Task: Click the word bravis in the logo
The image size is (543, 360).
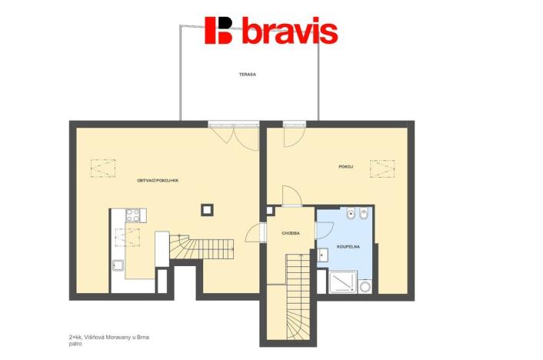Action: pos(290,32)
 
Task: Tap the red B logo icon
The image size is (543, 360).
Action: pos(219,30)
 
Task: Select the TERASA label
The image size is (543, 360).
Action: pos(246,75)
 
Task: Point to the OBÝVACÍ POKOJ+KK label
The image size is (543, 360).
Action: pos(158,180)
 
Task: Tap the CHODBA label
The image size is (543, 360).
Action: pos(290,232)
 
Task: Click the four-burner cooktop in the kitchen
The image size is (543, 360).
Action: pos(133,216)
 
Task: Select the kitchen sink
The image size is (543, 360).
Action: pos(119,266)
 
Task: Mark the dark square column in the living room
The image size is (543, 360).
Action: pos(206,208)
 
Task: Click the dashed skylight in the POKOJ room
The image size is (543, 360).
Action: pos(381,168)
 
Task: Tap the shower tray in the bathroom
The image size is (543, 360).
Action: pos(343,284)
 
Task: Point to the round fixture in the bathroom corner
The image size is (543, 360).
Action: pos(365,287)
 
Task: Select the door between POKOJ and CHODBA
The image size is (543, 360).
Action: pos(291,197)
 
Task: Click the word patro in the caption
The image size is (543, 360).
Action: pos(75,345)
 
